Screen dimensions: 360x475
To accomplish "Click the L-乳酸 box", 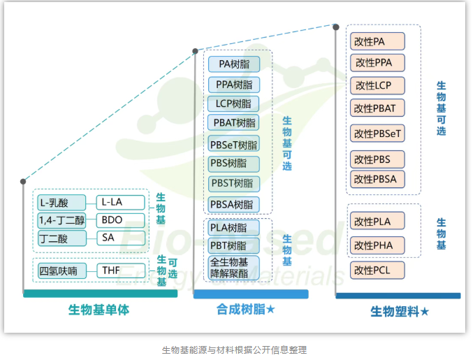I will [62, 203].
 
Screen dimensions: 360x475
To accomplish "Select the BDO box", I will [120, 220].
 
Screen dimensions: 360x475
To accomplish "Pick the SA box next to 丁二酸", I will [120, 238].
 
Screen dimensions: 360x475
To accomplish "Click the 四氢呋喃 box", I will [62, 271].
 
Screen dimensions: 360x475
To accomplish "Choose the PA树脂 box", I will [233, 64].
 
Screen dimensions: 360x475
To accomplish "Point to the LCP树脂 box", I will [233, 103].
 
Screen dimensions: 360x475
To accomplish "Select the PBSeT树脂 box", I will [233, 145].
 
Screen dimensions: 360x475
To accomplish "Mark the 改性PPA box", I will [378, 63].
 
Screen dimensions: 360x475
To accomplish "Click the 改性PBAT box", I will [378, 108].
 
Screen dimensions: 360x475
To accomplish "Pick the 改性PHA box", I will [378, 245].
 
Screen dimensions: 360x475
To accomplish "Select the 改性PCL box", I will [378, 270].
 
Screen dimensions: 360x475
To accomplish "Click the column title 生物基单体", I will [98, 309].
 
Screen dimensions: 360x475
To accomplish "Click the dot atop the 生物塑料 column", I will [336, 27].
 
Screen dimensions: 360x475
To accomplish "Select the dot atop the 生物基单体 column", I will [23, 182].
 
